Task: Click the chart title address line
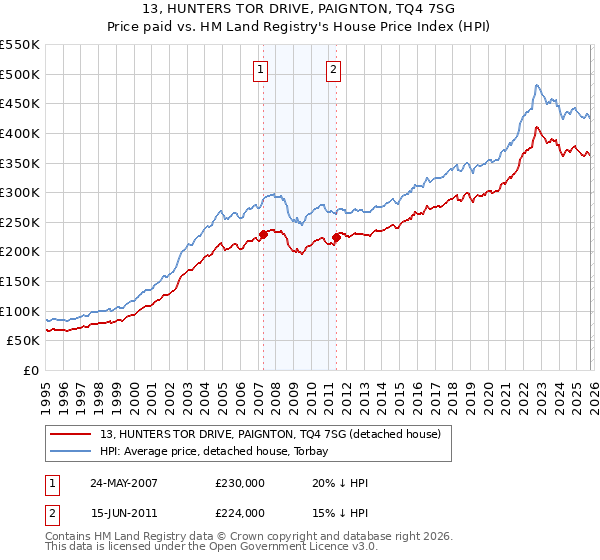point(300,10)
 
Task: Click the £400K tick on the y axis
point(19,133)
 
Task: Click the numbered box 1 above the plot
point(261,70)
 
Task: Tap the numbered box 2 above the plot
point(332,70)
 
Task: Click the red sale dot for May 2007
point(263,234)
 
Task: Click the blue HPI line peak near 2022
point(537,86)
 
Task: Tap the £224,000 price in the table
point(239,513)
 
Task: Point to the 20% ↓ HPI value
point(340,483)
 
